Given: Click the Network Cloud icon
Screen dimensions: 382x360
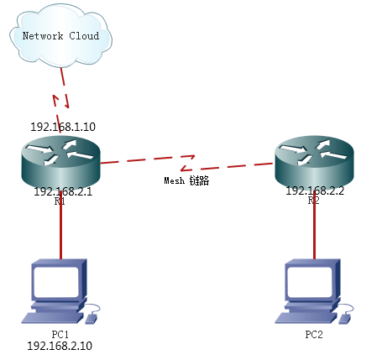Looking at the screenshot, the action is point(61,35).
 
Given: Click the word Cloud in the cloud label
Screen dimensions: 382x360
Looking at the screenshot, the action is point(84,36).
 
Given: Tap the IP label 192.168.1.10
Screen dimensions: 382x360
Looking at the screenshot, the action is point(63,127).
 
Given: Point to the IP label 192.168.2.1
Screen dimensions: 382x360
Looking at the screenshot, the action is point(63,191).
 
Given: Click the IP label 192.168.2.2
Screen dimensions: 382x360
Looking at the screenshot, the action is point(315,190).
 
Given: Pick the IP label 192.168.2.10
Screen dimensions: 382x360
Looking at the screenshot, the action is point(60,346).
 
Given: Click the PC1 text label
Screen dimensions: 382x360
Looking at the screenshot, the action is point(60,334).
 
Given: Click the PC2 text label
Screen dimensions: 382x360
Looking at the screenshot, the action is point(314,334).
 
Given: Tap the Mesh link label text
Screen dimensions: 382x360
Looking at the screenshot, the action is point(186,180).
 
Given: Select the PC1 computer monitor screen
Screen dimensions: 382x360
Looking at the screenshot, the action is point(56,282).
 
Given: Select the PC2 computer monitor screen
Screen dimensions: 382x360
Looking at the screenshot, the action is point(310,282).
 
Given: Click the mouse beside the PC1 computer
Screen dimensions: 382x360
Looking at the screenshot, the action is point(92,319).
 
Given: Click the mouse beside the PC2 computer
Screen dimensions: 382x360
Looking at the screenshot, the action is point(345,319).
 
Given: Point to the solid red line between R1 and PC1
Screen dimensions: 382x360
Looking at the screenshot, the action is point(60,225).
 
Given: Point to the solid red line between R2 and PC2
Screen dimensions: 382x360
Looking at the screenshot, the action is point(315,225).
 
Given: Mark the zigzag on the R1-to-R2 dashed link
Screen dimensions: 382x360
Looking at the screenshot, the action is point(187,163).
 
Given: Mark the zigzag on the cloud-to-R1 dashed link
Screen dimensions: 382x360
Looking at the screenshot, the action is point(61,101).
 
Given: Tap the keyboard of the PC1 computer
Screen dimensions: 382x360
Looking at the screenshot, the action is point(53,318).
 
